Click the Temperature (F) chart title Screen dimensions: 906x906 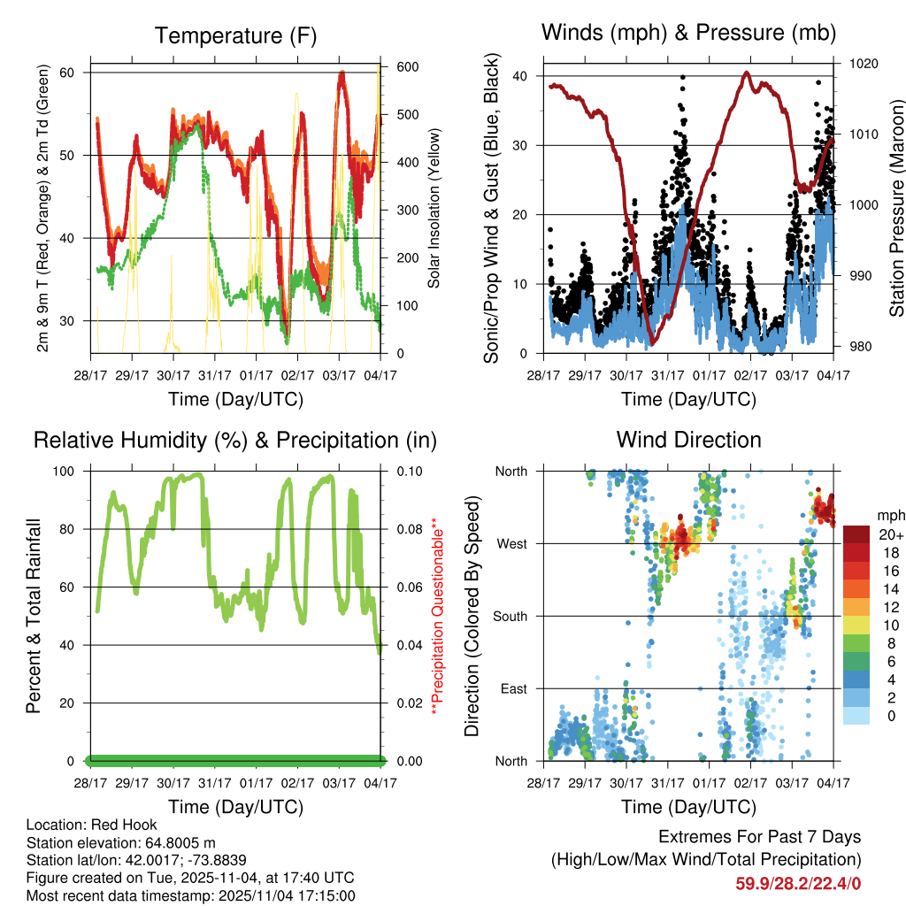[235, 36]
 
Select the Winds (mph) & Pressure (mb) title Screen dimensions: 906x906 [688, 34]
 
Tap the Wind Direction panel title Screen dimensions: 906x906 [688, 440]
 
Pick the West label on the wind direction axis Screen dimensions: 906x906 [511, 543]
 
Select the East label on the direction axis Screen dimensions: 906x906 [513, 688]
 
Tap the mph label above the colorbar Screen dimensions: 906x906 [889, 515]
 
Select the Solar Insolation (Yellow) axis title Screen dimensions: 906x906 [434, 209]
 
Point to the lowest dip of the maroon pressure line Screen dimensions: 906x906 [653, 343]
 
